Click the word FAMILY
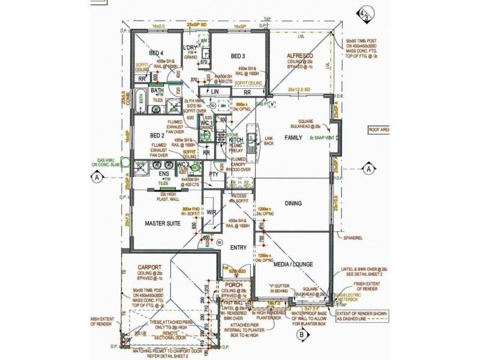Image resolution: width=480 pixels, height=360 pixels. [294, 137]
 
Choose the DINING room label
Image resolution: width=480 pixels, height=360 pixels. [293, 203]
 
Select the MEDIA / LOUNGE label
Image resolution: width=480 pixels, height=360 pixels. [292, 264]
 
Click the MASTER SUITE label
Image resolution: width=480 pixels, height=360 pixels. [163, 223]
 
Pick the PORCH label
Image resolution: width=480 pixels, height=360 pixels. [233, 285]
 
